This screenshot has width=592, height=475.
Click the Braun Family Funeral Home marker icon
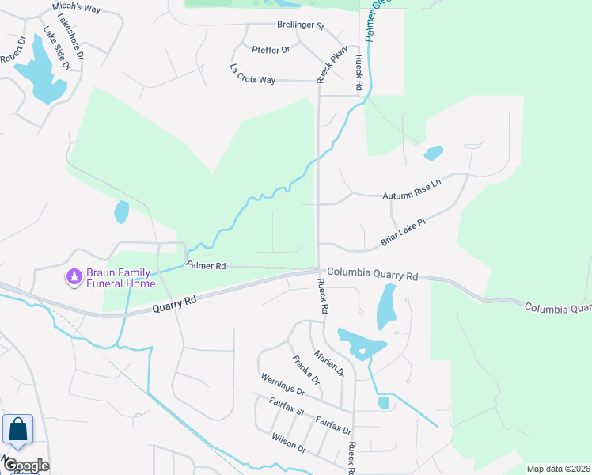coord(74,276)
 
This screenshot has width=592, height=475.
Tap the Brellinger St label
coord(301,25)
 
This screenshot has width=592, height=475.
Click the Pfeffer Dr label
coord(271,49)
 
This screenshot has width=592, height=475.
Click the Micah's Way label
coord(77,7)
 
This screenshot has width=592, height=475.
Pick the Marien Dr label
coord(329,363)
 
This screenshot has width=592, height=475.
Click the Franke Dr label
coord(305,370)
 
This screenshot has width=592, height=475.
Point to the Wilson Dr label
coord(288,442)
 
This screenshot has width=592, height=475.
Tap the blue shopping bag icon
coord(17,431)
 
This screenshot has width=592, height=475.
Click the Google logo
coord(25,465)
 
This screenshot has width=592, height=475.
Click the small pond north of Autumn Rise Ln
coord(434,153)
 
